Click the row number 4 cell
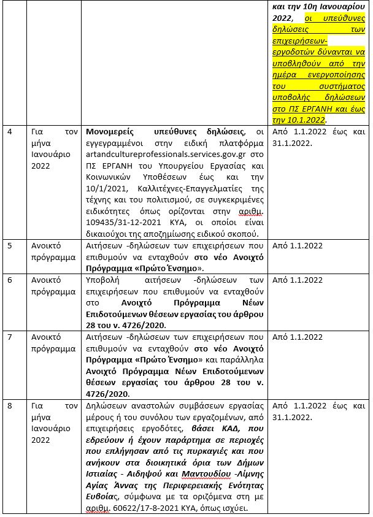coord(9,131)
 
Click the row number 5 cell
coord(9,245)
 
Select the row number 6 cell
coord(9,280)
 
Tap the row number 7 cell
coord(9,337)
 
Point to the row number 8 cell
coord(9,406)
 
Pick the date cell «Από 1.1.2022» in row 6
coord(298,280)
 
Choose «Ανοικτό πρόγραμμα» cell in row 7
coord(53,343)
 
